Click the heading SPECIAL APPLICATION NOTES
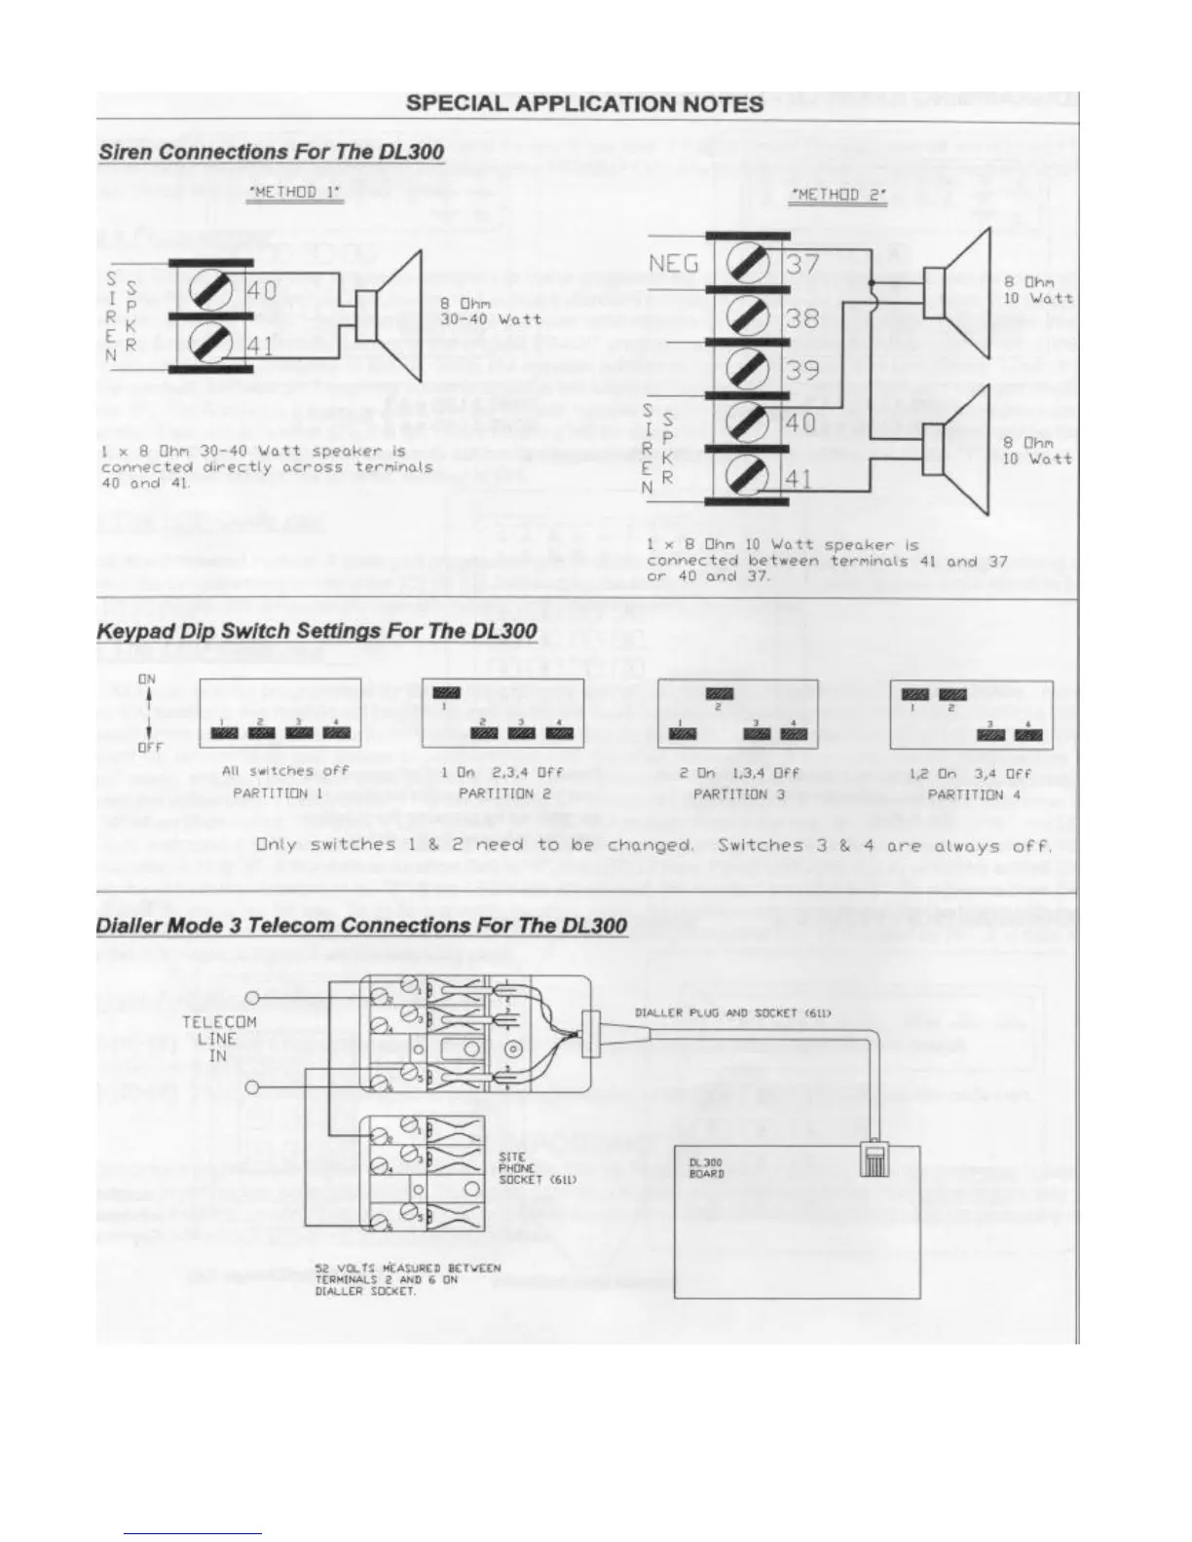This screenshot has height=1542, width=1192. tap(584, 104)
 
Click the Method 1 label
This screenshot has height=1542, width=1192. tap(296, 192)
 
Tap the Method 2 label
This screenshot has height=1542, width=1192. tap(839, 195)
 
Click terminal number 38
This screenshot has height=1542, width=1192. tap(802, 318)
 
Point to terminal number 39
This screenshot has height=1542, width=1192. tap(802, 371)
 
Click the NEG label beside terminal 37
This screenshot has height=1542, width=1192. tap(674, 264)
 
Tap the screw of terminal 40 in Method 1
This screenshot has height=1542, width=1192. tap(209, 289)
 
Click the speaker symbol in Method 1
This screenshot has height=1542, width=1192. tap(390, 315)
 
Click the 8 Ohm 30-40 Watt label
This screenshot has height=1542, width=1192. tap(490, 312)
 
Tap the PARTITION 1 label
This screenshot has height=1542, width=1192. tap(278, 793)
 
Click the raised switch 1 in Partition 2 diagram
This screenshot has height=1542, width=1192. tap(445, 692)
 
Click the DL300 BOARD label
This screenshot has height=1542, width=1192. tap(706, 1168)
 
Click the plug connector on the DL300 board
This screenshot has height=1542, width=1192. tap(873, 1160)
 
